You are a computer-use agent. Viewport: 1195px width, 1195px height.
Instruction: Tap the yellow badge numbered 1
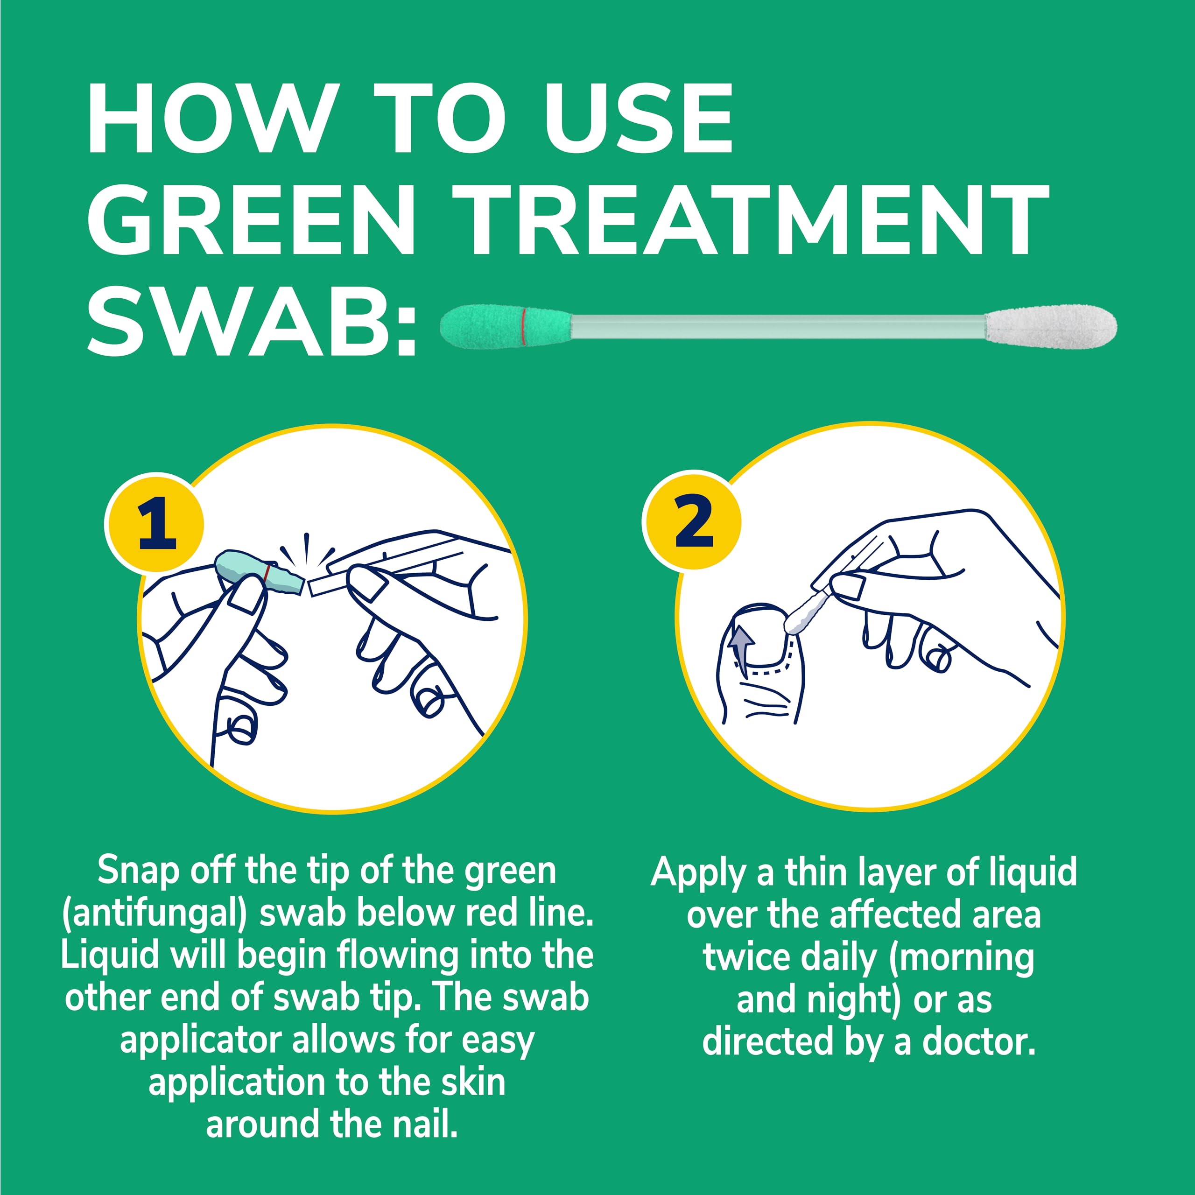[155, 523]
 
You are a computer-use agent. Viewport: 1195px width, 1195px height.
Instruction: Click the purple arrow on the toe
[740, 649]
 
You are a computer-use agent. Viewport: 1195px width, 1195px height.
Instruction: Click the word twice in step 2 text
[746, 957]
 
